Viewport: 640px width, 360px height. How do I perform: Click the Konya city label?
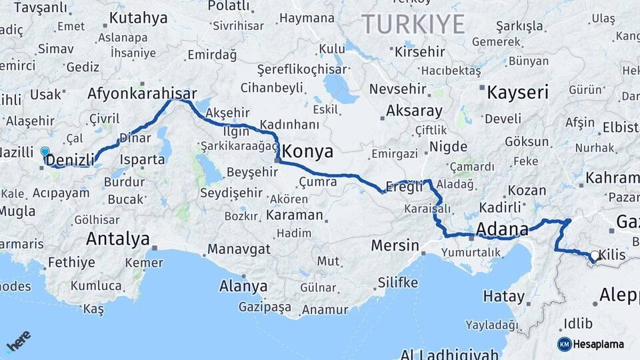click(305, 152)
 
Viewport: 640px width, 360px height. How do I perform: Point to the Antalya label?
click(117, 239)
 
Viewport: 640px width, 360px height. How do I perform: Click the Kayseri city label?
click(517, 92)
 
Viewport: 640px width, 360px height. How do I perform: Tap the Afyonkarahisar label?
click(142, 94)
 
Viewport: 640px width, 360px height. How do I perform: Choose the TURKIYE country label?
click(413, 25)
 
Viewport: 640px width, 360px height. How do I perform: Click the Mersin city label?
click(395, 245)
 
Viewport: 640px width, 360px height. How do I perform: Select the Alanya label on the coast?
click(243, 287)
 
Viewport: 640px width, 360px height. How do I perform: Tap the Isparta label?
click(141, 160)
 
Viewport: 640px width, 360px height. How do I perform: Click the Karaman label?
click(294, 216)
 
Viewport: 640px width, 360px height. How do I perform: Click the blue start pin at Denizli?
click(45, 153)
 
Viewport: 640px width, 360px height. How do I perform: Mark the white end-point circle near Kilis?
click(594, 255)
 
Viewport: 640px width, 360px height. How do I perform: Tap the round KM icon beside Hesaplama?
click(564, 344)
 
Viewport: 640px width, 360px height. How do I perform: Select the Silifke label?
click(397, 283)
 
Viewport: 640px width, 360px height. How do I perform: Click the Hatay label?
click(504, 295)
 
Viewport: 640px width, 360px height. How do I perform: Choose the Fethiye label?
click(71, 262)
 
